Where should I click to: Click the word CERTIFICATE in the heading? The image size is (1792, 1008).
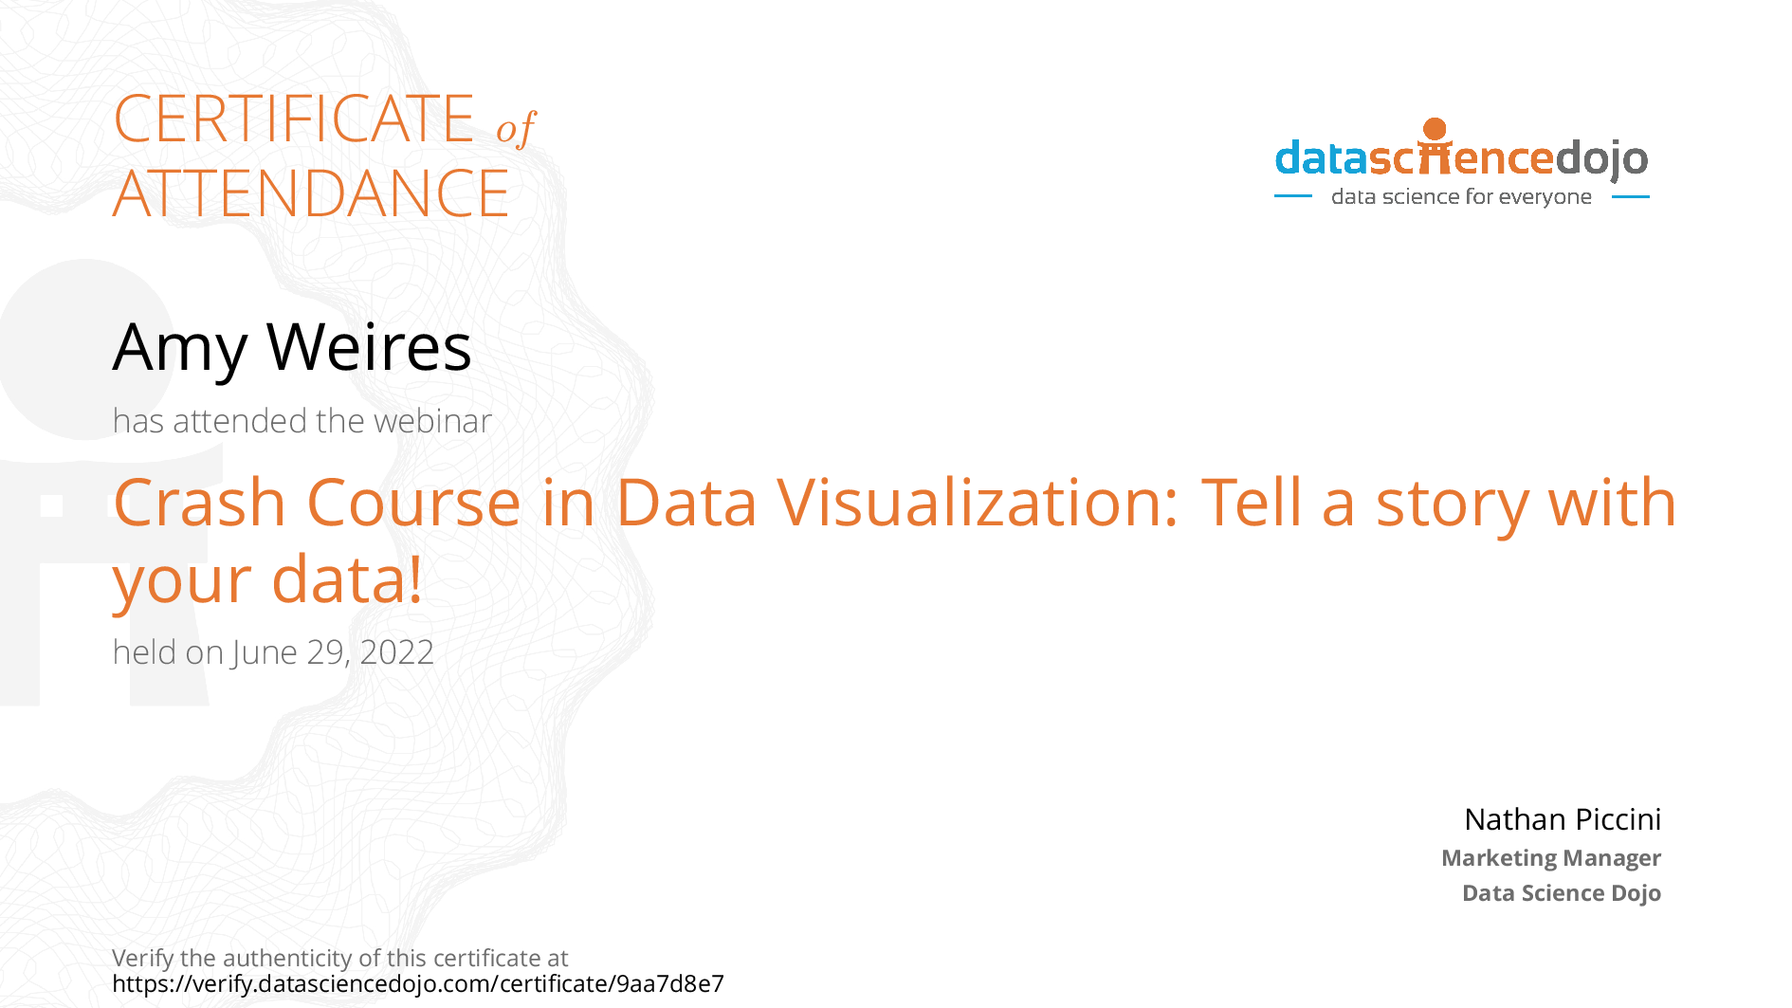(293, 119)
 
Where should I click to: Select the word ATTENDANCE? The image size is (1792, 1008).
(311, 194)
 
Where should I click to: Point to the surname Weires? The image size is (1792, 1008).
(369, 347)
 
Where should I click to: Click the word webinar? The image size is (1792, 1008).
(440, 421)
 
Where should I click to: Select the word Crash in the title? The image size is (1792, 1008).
(199, 503)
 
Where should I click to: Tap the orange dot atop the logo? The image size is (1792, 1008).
(1435, 129)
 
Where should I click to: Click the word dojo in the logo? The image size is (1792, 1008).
(1601, 158)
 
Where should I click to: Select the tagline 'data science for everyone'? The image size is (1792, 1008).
(1461, 197)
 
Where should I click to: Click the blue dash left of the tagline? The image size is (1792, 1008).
(1292, 197)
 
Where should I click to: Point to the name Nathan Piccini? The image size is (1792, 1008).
(1562, 819)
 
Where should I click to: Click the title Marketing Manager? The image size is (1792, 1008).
(1550, 858)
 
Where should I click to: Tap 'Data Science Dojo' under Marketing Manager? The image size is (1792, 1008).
(1561, 893)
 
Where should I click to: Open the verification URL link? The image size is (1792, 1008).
(418, 984)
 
